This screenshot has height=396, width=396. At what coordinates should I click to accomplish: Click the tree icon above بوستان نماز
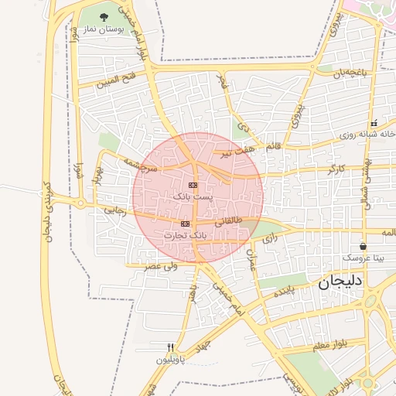click(x=104, y=16)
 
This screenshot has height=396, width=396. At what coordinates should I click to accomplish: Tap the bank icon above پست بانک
click(x=193, y=185)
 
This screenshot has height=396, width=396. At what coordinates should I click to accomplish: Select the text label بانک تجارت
click(x=190, y=233)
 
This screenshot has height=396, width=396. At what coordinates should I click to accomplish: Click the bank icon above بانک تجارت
click(x=185, y=224)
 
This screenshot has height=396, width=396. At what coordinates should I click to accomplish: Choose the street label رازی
click(x=269, y=240)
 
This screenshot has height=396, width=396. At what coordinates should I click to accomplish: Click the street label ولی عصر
click(x=161, y=266)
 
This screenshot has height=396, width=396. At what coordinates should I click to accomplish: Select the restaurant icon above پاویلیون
click(x=171, y=347)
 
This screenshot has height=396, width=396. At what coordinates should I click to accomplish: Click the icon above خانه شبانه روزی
click(x=374, y=124)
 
